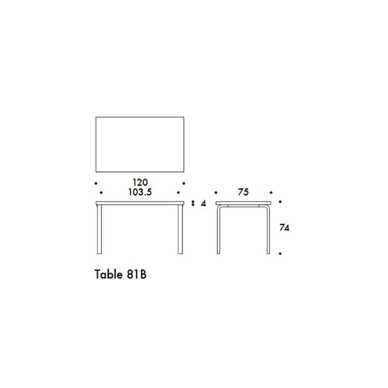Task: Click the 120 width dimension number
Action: click(x=140, y=183)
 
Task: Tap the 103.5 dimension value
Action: click(x=140, y=192)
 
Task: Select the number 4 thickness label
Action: click(x=203, y=203)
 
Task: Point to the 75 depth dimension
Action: click(x=243, y=192)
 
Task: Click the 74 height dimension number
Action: click(x=284, y=227)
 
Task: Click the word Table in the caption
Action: click(x=109, y=274)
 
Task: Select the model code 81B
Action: click(x=137, y=274)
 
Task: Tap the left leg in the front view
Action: click(x=99, y=229)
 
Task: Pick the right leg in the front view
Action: click(x=180, y=229)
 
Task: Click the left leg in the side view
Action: click(x=218, y=230)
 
